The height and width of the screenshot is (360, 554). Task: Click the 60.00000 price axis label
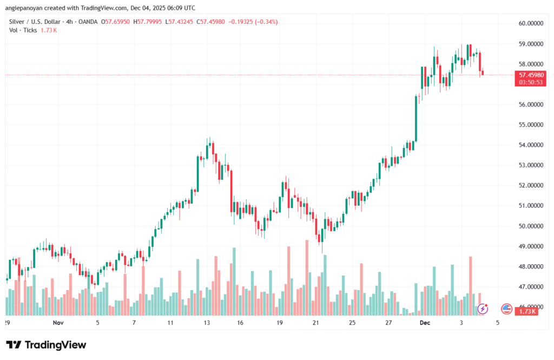click(x=530, y=23)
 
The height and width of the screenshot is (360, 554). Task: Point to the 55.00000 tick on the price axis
click(x=530, y=125)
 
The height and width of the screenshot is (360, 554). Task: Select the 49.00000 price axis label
click(x=530, y=246)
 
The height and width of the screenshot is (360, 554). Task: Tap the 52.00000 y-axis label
click(x=530, y=185)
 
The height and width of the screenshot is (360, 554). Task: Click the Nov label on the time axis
click(x=58, y=322)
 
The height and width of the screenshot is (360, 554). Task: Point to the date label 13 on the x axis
click(x=207, y=322)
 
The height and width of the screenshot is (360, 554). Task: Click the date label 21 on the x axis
click(x=316, y=322)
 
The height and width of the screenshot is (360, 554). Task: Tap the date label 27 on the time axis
click(x=388, y=322)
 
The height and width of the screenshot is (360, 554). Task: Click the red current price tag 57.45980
click(x=531, y=75)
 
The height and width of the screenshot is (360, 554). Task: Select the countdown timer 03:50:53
click(x=531, y=82)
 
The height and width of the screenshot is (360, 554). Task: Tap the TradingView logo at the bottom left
click(x=46, y=345)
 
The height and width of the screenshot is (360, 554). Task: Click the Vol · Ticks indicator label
click(x=23, y=30)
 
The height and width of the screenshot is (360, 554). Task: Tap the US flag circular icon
click(x=507, y=309)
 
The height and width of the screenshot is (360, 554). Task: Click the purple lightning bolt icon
click(x=483, y=309)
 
